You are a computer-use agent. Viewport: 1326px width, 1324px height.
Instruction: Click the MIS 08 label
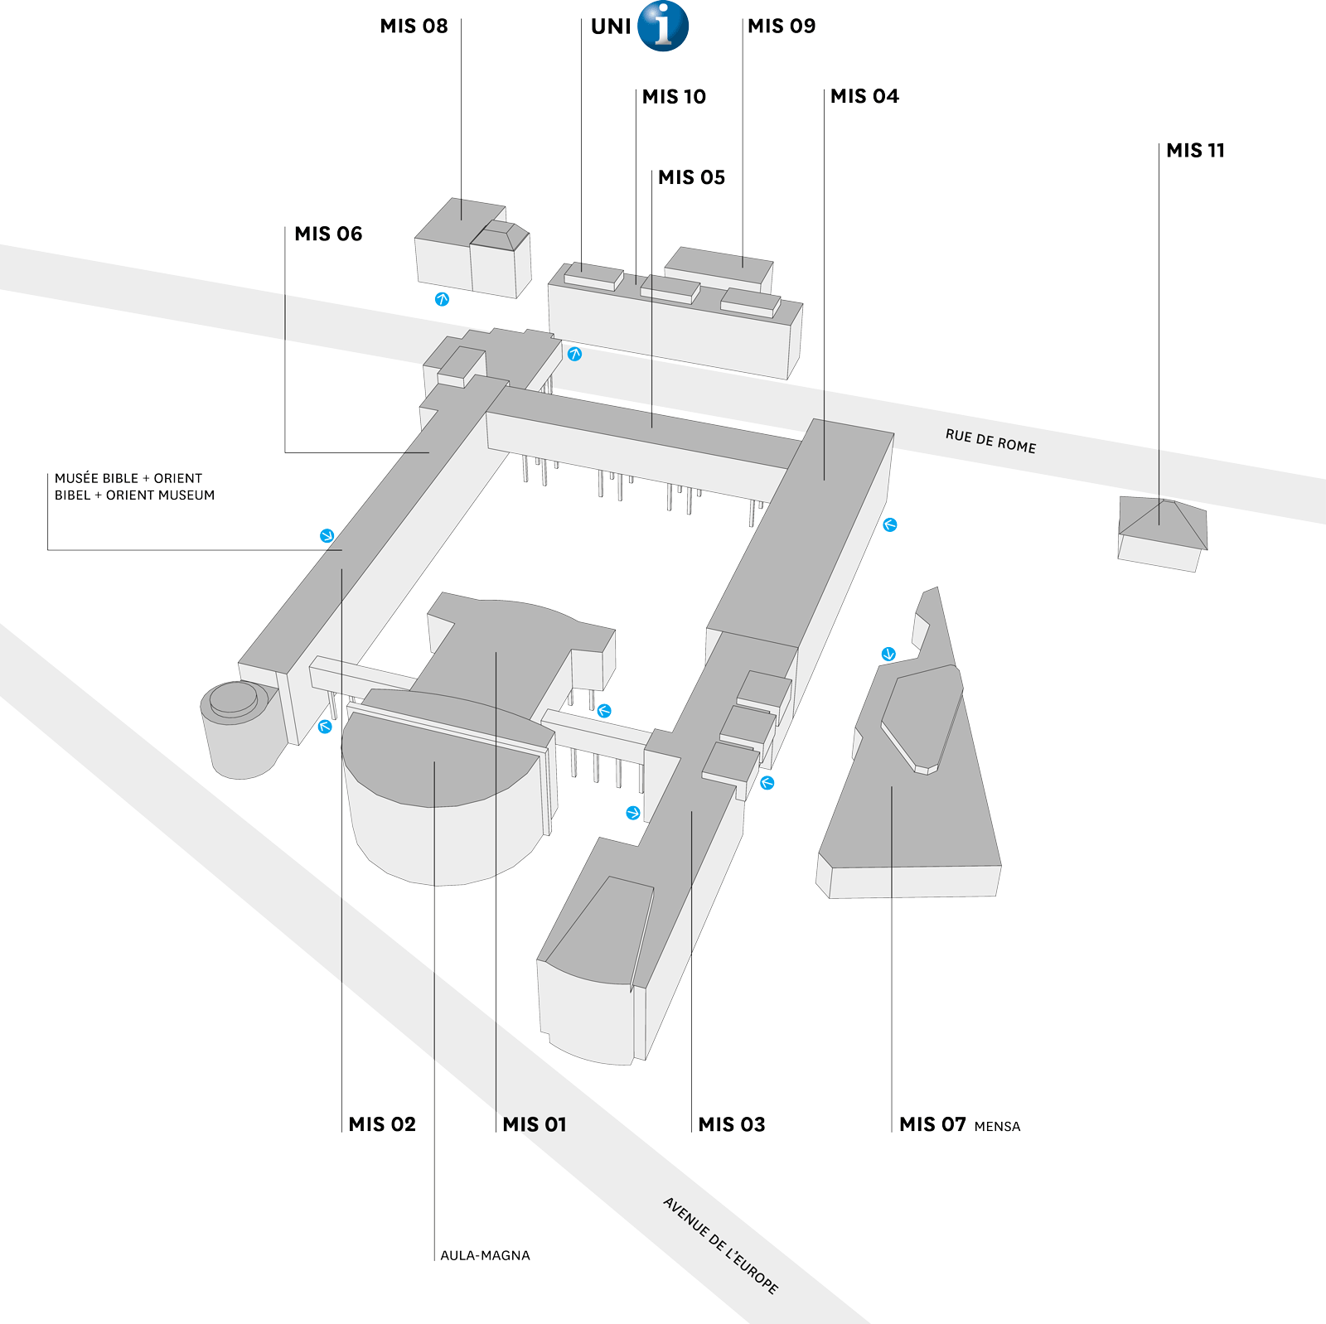414,27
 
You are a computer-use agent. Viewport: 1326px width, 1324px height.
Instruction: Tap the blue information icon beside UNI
663,26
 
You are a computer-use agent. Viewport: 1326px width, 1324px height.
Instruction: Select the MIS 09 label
782,27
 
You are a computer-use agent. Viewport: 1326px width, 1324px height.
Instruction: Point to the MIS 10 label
674,97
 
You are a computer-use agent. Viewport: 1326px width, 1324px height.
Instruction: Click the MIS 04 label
864,97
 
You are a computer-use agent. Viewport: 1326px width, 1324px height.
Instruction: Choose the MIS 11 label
1195,151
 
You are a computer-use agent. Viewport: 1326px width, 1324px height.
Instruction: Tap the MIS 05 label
691,178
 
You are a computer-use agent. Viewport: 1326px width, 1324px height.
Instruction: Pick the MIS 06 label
328,234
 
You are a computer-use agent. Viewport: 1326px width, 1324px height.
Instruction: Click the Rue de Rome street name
990,441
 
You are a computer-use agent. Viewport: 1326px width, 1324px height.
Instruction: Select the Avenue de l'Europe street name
721,1245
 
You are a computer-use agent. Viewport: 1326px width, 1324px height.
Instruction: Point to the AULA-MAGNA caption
485,1255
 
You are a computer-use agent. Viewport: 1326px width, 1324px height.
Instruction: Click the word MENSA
997,1127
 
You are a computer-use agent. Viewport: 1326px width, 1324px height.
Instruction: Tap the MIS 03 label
731,1124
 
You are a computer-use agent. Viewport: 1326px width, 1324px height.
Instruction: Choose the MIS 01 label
535,1124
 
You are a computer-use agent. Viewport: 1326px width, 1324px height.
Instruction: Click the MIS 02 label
382,1124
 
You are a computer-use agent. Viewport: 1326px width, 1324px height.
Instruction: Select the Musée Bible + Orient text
128,478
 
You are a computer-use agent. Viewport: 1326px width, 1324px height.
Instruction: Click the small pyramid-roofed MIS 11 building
1162,530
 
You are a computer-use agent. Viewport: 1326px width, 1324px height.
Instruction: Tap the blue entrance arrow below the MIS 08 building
443,299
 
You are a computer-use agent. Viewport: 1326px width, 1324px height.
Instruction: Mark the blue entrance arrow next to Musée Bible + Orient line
327,536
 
